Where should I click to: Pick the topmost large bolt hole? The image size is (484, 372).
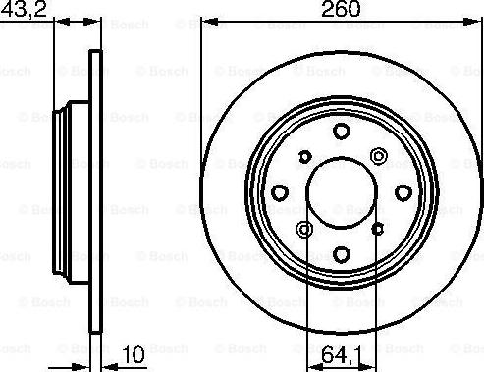tap(341, 131)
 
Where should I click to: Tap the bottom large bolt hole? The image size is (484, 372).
tap(341, 255)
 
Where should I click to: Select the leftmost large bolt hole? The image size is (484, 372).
tap(279, 192)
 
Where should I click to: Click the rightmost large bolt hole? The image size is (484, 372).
tap(403, 192)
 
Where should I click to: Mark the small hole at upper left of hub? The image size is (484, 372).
tap(304, 156)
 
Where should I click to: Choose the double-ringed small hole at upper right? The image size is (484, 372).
tap(378, 155)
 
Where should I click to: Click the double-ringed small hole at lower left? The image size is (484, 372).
tap(304, 230)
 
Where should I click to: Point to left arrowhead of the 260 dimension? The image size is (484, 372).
tap(206, 22)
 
